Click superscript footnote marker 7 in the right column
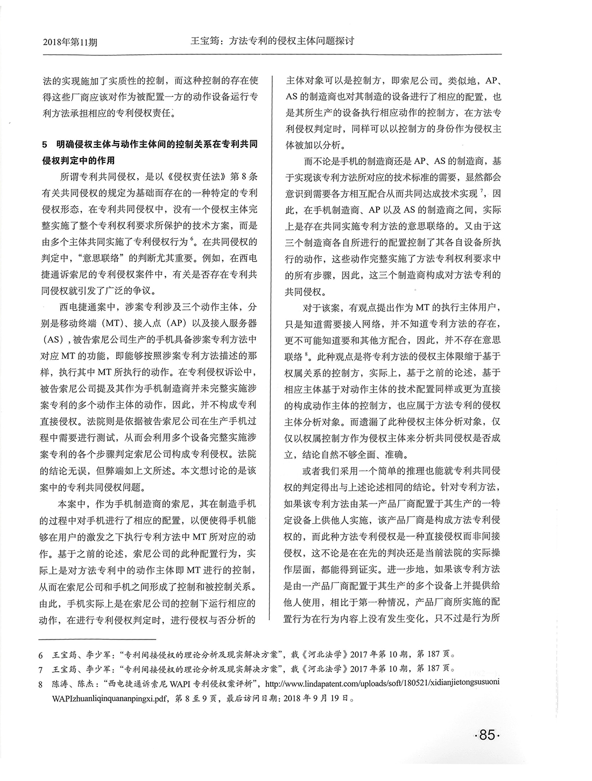(481, 190)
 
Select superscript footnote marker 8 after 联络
(306, 353)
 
